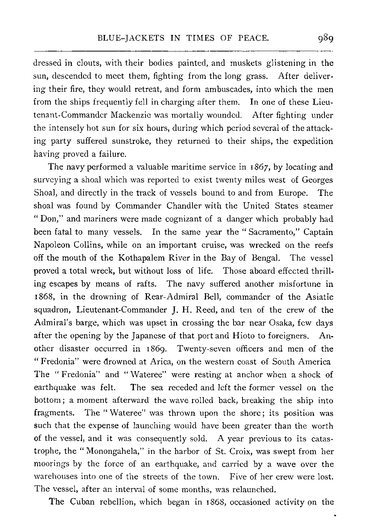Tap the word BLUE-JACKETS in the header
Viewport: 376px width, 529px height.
[125, 38]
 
